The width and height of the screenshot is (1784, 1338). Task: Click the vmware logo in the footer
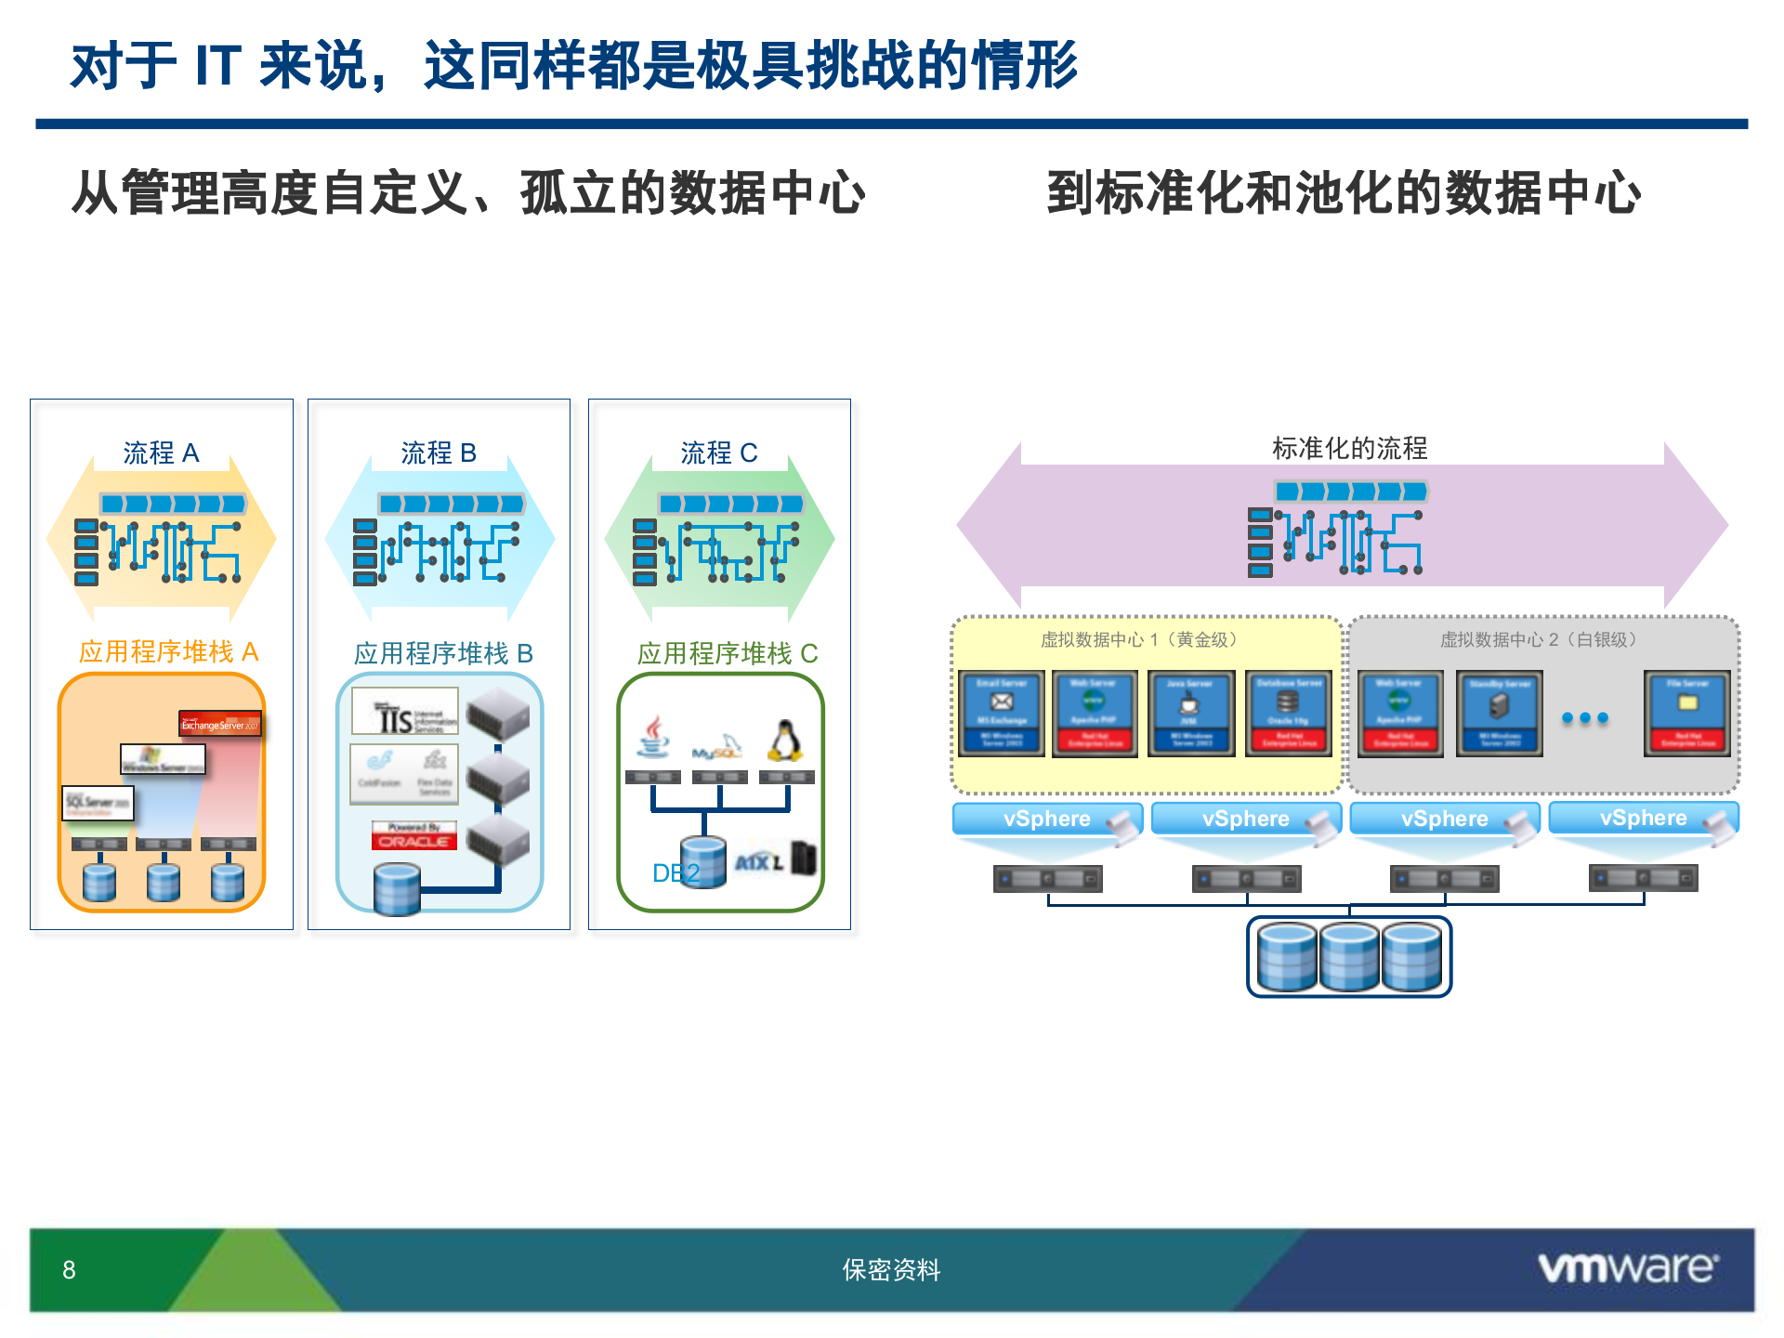pyautogui.click(x=1627, y=1267)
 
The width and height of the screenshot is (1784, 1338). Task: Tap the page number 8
pyautogui.click(x=69, y=1270)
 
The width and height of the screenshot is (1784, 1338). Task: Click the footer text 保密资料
pyautogui.click(x=891, y=1270)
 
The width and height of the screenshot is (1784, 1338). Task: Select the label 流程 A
pyautogui.click(x=162, y=453)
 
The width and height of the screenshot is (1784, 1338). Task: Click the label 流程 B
pyautogui.click(x=439, y=453)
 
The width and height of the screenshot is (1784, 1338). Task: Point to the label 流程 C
pyautogui.click(x=719, y=453)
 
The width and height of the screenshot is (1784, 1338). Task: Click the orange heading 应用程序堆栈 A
pyautogui.click(x=168, y=652)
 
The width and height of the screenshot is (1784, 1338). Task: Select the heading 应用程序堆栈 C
pyautogui.click(x=728, y=654)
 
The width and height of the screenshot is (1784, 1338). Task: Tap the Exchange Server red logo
pyautogui.click(x=220, y=724)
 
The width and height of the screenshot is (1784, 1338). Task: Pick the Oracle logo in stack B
pyautogui.click(x=414, y=836)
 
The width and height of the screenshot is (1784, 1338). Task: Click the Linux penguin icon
pyautogui.click(x=785, y=741)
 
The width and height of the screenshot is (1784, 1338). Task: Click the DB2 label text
pyautogui.click(x=676, y=873)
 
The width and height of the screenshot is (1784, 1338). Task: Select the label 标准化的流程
pyautogui.click(x=1349, y=449)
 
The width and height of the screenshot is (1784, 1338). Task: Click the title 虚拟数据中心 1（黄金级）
pyautogui.click(x=1139, y=640)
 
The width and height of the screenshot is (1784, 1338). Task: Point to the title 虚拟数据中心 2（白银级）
pyautogui.click(x=1539, y=640)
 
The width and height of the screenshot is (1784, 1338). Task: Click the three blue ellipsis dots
pyautogui.click(x=1584, y=717)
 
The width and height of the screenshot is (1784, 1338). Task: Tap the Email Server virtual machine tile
pyautogui.click(x=1002, y=713)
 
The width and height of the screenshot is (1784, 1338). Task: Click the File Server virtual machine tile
pyautogui.click(x=1687, y=713)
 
